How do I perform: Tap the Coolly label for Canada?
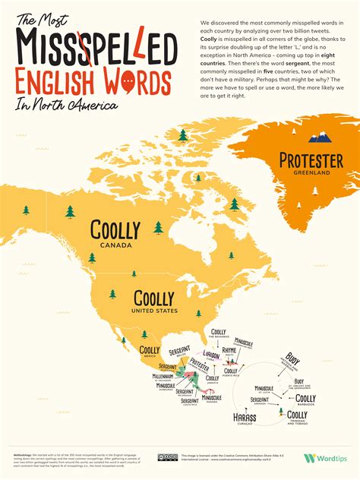coord(115,230)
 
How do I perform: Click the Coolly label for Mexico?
coord(149,349)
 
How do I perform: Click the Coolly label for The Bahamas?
coord(219,332)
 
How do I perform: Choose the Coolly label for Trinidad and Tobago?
coord(298,415)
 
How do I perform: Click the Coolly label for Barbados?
coord(305,398)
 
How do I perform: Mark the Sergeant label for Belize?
coord(179,351)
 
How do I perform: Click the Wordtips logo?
coord(325,458)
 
